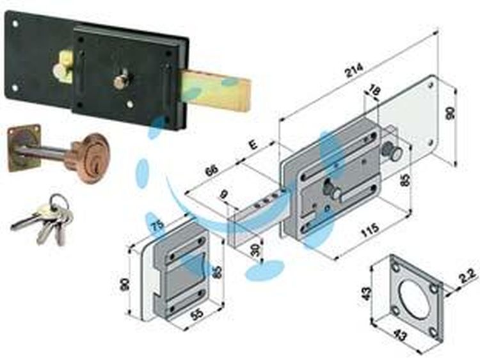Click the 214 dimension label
(x=354, y=70)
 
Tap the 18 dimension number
(x=373, y=90)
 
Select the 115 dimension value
(x=370, y=231)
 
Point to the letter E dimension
(x=253, y=145)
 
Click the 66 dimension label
(x=212, y=170)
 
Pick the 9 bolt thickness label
(x=225, y=194)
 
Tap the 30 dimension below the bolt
(x=255, y=250)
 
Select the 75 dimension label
(x=158, y=226)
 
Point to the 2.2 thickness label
(x=469, y=276)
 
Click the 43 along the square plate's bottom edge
(x=399, y=334)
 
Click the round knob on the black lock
(x=120, y=81)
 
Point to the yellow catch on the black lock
(x=63, y=68)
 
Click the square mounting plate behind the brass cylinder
(x=24, y=148)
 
